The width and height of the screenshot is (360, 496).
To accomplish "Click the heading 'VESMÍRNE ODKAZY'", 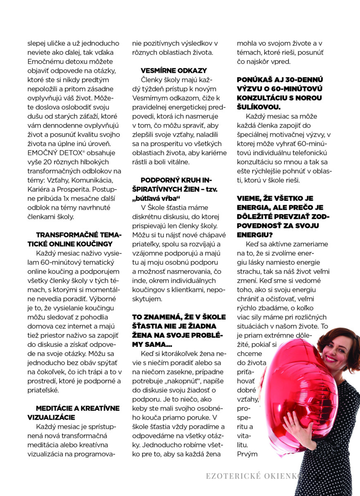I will pos(174,70).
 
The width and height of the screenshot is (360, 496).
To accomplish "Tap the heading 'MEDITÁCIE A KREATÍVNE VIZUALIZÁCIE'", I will pos(77,413).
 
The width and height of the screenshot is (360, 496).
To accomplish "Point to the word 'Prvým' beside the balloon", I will pos(247,454).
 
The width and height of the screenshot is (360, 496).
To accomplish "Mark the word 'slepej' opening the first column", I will pos(37,43).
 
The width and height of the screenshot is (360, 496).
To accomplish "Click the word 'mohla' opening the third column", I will pos(246,43).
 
